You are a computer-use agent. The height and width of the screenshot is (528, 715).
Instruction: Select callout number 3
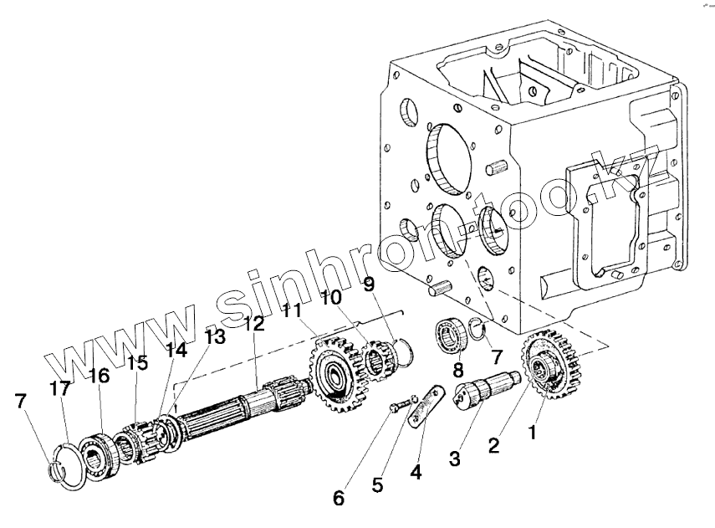coord(454,459)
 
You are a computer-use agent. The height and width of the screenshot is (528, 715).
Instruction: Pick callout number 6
coord(339,498)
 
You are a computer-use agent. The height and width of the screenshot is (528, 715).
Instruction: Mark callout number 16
coord(98,376)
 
